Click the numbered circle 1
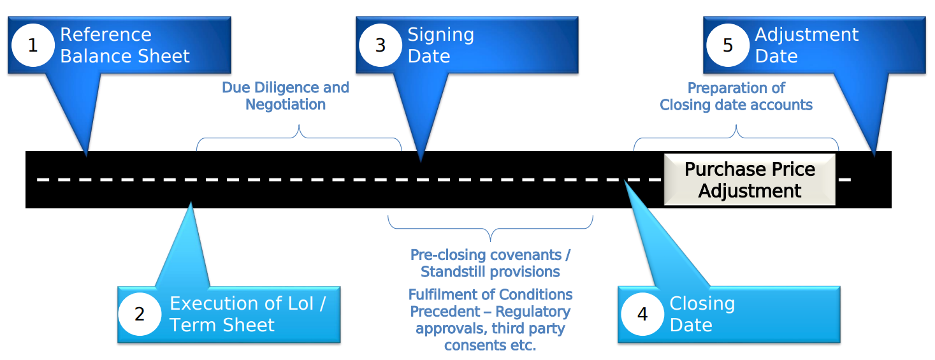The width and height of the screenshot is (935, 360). [33, 46]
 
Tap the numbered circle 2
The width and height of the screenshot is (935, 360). [140, 314]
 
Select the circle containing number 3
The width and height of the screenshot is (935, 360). [381, 46]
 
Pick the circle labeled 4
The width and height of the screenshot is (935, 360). [642, 314]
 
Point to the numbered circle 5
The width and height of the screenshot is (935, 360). [728, 46]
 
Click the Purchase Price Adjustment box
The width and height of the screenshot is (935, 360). [750, 180]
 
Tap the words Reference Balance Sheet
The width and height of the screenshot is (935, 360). [125, 45]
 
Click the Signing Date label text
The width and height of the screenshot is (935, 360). [440, 45]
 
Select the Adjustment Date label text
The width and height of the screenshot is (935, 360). [806, 45]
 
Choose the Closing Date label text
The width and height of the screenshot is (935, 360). [702, 314]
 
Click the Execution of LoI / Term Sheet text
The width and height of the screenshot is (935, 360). [247, 314]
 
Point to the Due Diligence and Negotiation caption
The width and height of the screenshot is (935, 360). [286, 96]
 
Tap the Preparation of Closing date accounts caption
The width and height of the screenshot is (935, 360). [736, 96]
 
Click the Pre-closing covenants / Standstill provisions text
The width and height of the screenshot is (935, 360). [490, 263]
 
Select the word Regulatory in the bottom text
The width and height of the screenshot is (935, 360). [533, 312]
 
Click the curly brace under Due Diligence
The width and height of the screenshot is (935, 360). [299, 137]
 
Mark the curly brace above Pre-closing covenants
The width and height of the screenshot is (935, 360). [490, 229]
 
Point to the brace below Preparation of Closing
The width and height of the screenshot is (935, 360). [736, 137]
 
